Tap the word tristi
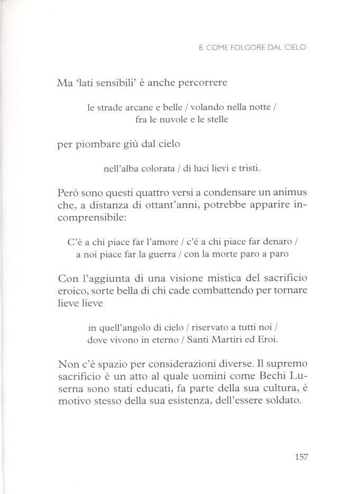(x=247, y=169)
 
